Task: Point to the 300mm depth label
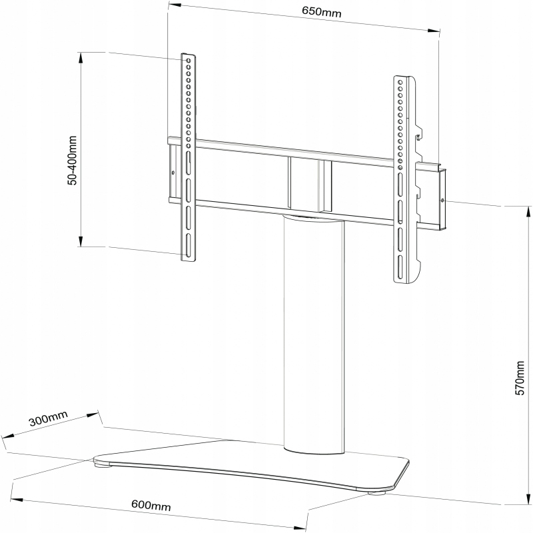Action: pos(49,422)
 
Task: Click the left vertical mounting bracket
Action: pos(188,157)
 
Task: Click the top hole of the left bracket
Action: pos(189,61)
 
